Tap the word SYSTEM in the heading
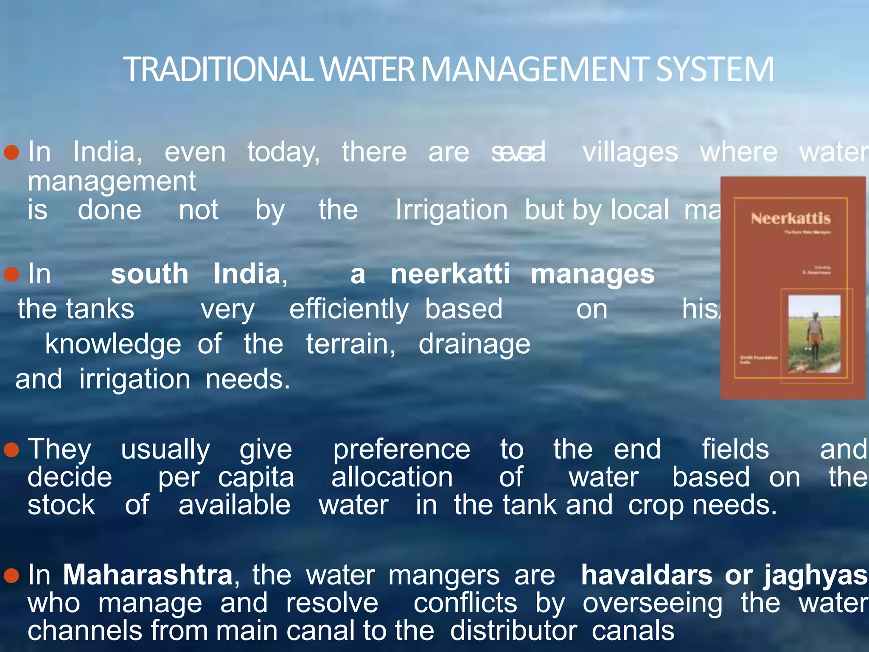point(715,70)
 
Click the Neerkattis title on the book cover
point(791,219)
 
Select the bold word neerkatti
point(450,274)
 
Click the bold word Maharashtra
point(148,575)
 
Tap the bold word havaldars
point(647,575)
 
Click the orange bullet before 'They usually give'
point(11,450)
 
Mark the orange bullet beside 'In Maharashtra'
point(11,576)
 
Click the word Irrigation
point(451,210)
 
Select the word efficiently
point(349,309)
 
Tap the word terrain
point(350,344)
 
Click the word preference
point(401,450)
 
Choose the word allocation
point(392,478)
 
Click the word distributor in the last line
point(513,631)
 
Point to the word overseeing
point(653,604)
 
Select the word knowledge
point(113,344)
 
